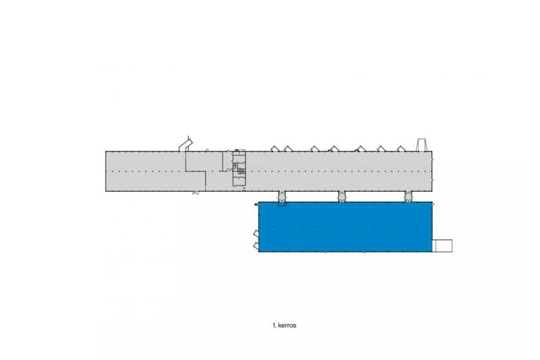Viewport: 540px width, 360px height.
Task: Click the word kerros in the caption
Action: pyautogui.click(x=287, y=325)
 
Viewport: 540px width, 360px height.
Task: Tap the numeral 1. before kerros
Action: pyautogui.click(x=274, y=325)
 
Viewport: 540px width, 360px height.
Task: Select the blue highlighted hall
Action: pyautogui.click(x=345, y=227)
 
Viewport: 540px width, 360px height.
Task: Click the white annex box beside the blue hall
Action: pyautogui.click(x=442, y=246)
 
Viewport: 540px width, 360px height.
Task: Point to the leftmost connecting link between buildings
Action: pyautogui.click(x=282, y=196)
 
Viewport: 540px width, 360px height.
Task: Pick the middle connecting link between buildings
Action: pyautogui.click(x=341, y=196)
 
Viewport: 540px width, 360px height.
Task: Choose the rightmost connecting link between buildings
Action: pyautogui.click(x=408, y=196)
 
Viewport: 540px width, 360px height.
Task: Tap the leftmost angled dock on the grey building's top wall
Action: pyautogui.click(x=275, y=148)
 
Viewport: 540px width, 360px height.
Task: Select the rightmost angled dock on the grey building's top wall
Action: pyautogui.click(x=401, y=148)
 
